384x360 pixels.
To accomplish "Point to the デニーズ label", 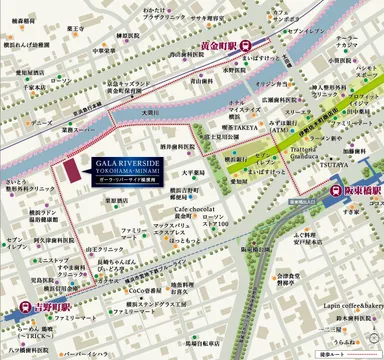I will [x=42, y=122].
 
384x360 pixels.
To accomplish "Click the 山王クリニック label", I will [x=103, y=246].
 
